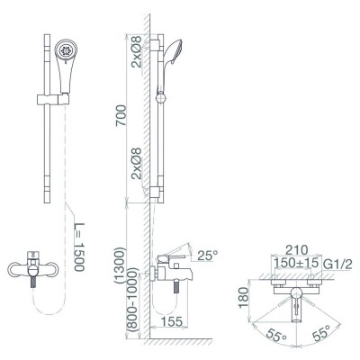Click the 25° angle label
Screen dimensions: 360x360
pos(207,256)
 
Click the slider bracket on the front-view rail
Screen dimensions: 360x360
pos(49,94)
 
